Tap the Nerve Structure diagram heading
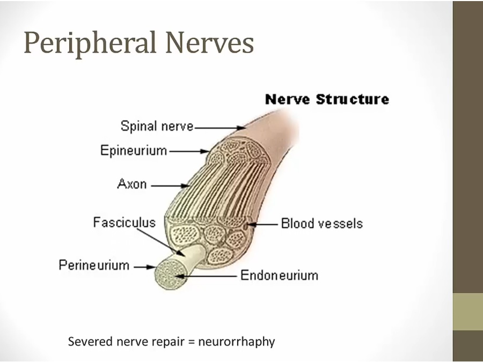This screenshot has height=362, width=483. point(327,99)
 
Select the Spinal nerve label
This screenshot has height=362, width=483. point(157,127)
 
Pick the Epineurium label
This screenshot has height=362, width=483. point(134,151)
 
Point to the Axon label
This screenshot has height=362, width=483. point(131,184)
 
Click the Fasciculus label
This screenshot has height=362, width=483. point(124,222)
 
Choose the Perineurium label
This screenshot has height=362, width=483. point(94,265)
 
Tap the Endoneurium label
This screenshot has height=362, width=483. point(279,276)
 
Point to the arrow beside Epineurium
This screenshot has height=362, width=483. point(189,152)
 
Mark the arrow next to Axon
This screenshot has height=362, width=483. point(170,186)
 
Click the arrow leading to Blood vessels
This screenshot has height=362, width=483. point(265,224)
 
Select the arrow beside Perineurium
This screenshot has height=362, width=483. point(144,266)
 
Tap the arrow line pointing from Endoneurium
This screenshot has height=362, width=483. point(209,276)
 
